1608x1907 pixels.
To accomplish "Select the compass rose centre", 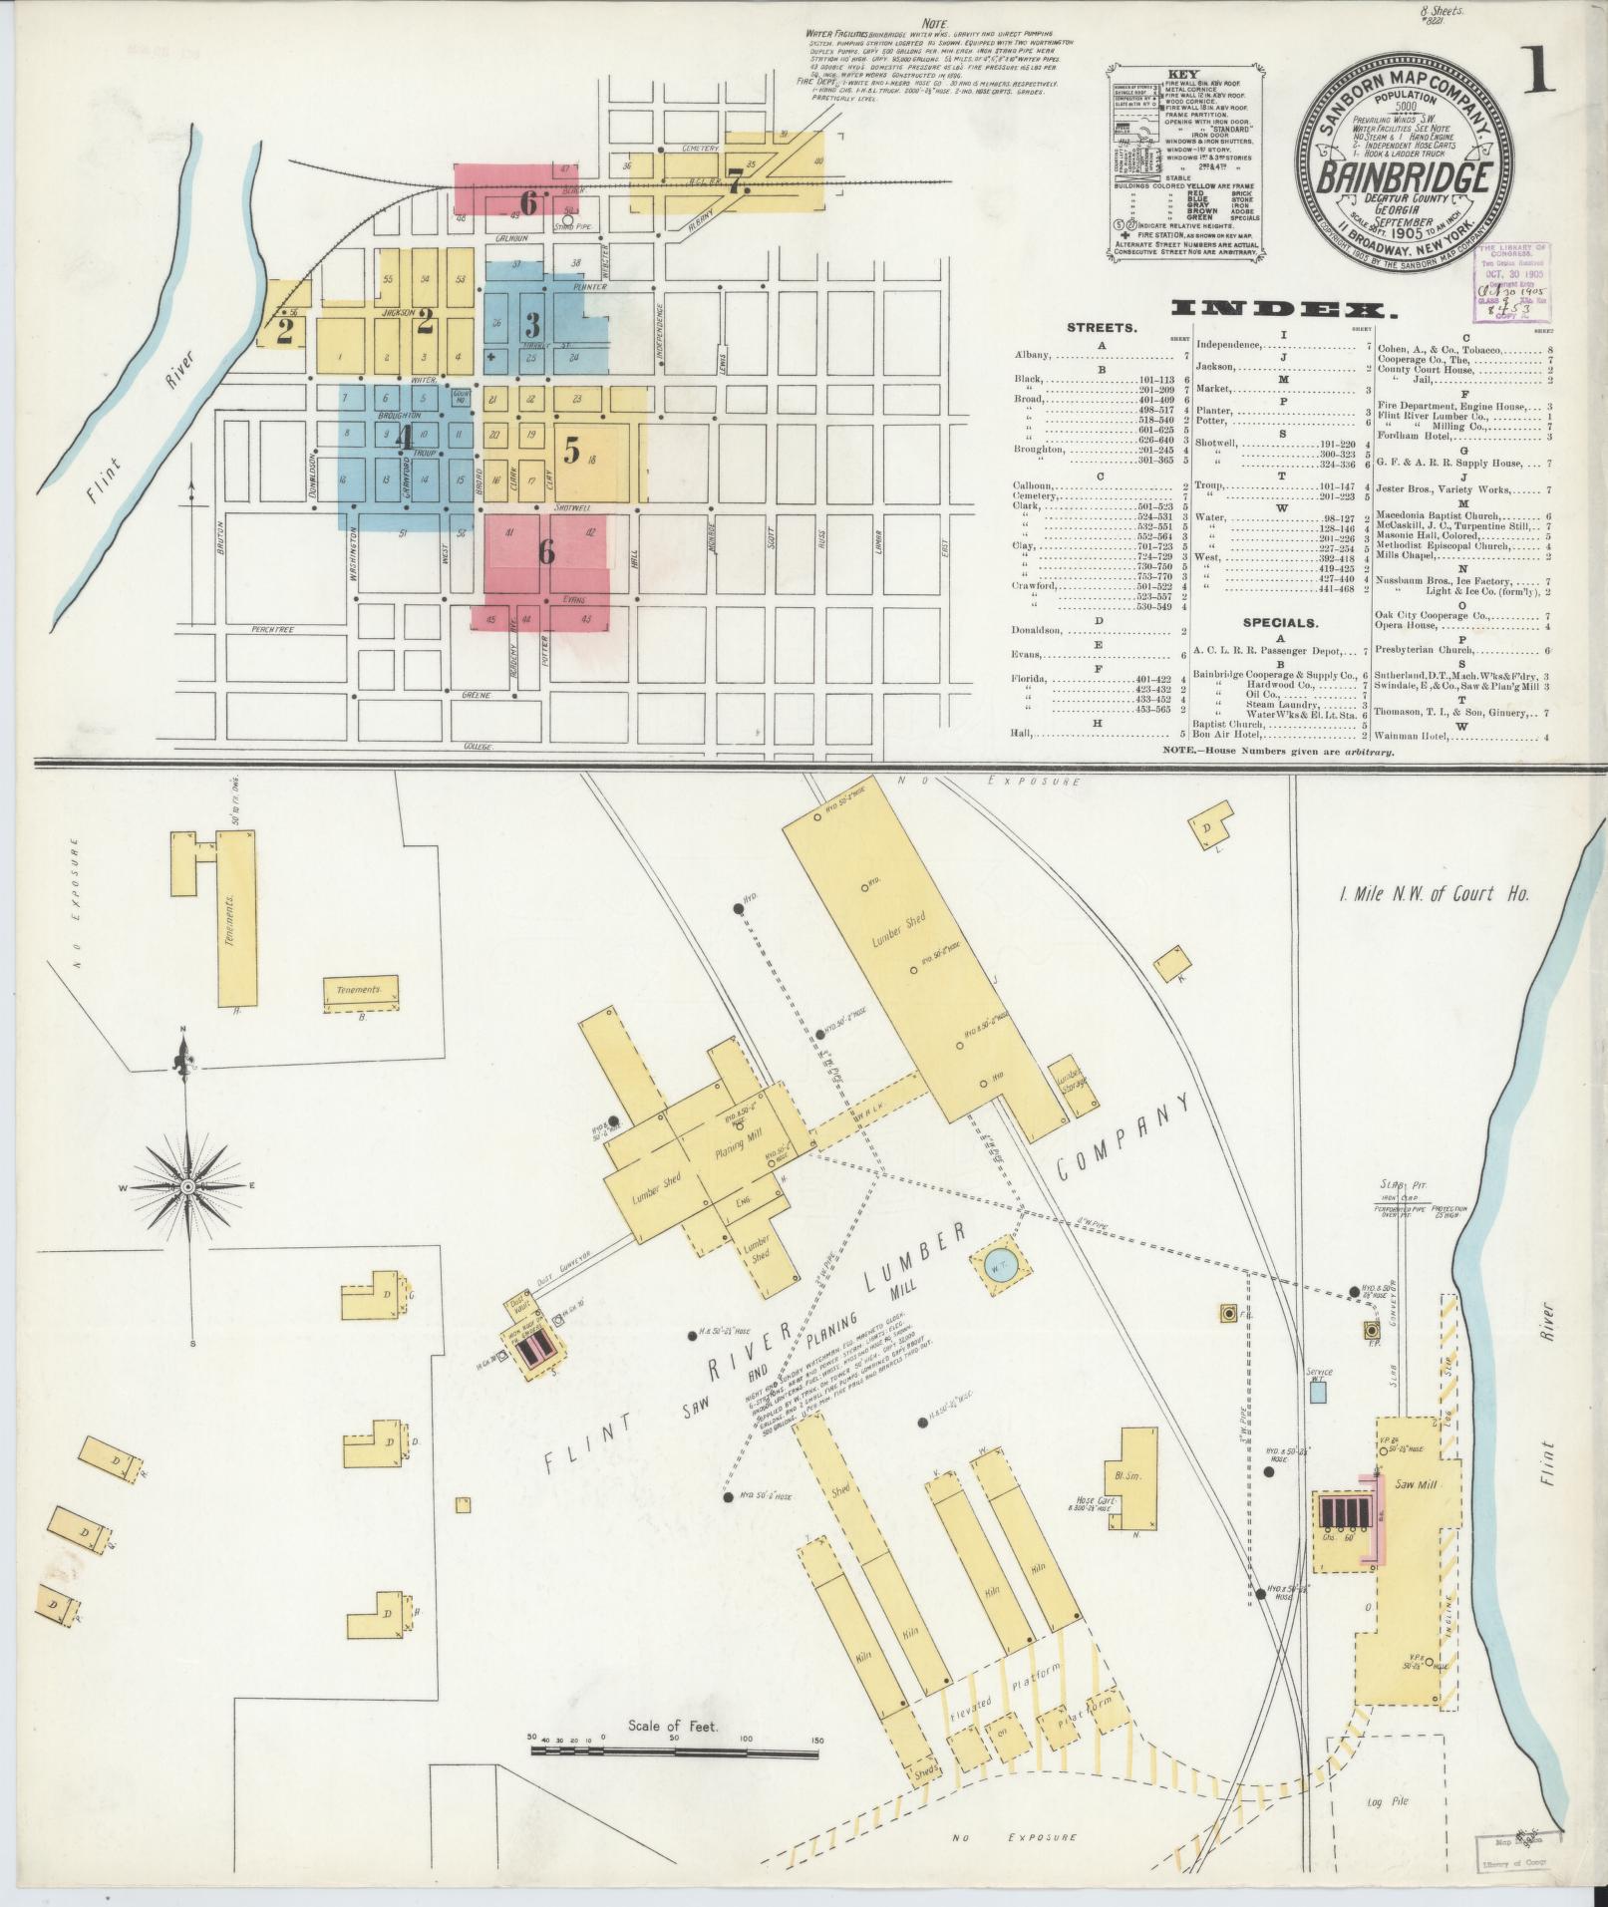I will [186, 1187].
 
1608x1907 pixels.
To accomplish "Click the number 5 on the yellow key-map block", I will [571, 451].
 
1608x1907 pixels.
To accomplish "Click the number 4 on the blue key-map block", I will [403, 436].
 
